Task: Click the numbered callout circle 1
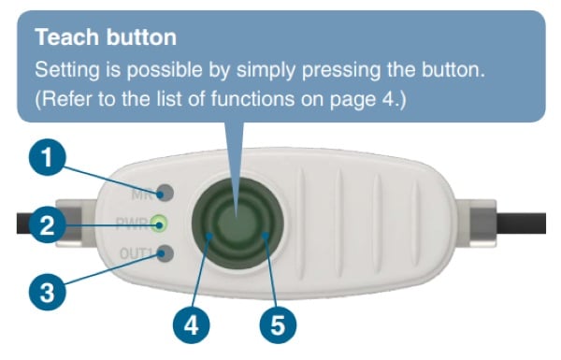tap(48, 157)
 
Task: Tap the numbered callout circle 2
tap(48, 224)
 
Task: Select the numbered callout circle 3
tap(48, 292)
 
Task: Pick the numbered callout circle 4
tap(192, 325)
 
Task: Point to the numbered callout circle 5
tap(278, 325)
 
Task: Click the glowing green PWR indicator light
tap(159, 223)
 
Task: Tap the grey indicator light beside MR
tap(165, 194)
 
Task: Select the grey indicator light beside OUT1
tap(165, 253)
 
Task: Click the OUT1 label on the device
tap(137, 253)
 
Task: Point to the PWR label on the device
tap(132, 223)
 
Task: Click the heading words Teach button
tap(106, 36)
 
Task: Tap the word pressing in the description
tap(341, 70)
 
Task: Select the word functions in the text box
tap(252, 98)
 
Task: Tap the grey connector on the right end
tap(478, 223)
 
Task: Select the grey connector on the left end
tap(76, 223)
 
